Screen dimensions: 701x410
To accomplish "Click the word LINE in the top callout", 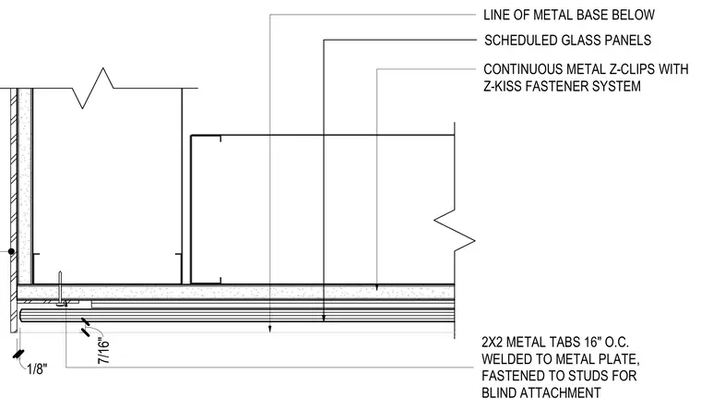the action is pyautogui.click(x=495, y=15).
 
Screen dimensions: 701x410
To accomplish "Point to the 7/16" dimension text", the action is pyautogui.click(x=103, y=352).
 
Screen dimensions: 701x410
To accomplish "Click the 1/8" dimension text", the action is pyautogui.click(x=37, y=369).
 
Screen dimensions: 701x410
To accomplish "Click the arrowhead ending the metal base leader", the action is pyautogui.click(x=270, y=330).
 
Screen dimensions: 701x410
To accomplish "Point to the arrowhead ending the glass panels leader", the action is pyautogui.click(x=324, y=319).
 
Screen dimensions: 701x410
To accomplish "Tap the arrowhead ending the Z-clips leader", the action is pyautogui.click(x=376, y=287).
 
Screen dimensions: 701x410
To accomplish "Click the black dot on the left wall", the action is pyautogui.click(x=12, y=251).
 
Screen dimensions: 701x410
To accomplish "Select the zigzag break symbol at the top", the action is pyautogui.click(x=93, y=88).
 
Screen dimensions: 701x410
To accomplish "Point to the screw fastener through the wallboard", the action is pyautogui.click(x=60, y=289).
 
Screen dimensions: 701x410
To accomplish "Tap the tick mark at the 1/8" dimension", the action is pyautogui.click(x=18, y=354).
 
